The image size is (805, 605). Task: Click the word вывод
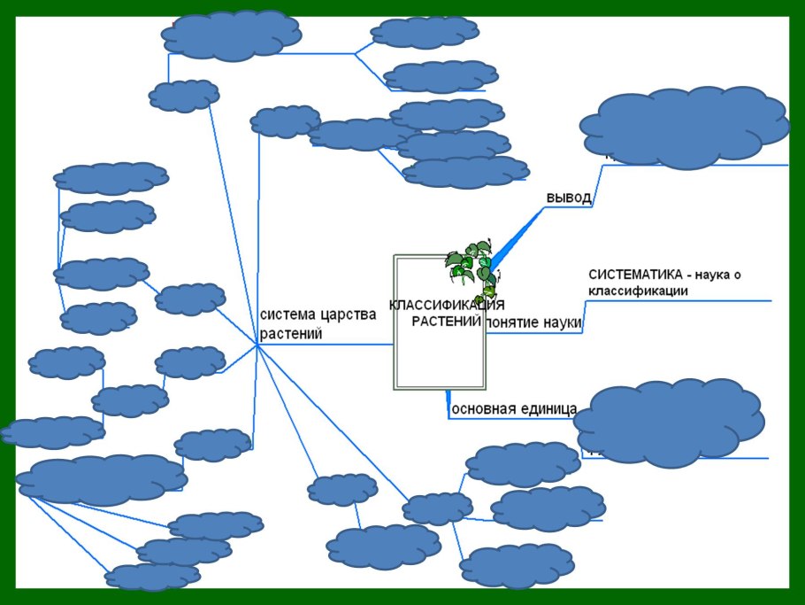pos(568,198)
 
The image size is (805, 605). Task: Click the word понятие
pos(512,322)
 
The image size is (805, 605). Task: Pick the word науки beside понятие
pos(562,322)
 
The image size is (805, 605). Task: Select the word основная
pos(485,409)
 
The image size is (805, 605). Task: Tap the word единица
pos(550,409)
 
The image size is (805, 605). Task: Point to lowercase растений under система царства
pos(290,334)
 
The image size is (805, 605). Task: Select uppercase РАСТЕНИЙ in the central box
pos(446,320)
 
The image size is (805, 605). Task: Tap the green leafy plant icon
pos(471,265)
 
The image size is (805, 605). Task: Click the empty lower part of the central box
pos(440,363)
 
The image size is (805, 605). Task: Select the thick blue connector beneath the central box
pos(448,403)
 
